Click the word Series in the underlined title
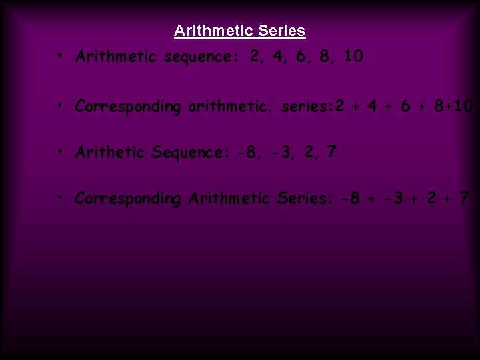click(281, 31)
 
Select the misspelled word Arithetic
click(110, 153)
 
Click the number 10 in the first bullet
click(353, 57)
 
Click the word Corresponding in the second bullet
click(128, 107)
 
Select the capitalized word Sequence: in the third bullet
click(189, 153)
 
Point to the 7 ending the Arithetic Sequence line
click(331, 153)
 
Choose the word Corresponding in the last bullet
click(128, 199)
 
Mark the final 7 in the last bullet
click(465, 199)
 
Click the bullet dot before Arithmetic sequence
click(60, 57)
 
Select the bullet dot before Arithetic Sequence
click(60, 153)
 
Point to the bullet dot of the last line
click(60, 199)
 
